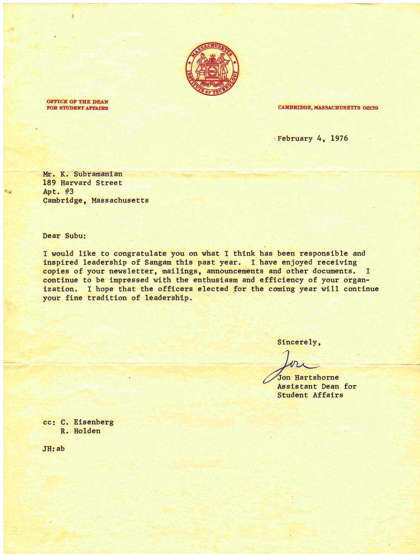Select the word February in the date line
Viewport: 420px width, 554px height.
tap(295, 139)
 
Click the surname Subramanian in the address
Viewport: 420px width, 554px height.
tap(98, 174)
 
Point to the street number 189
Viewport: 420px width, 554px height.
tap(49, 183)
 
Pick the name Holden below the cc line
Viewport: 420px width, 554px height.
tap(87, 431)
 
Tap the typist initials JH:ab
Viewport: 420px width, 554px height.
tap(53, 449)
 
